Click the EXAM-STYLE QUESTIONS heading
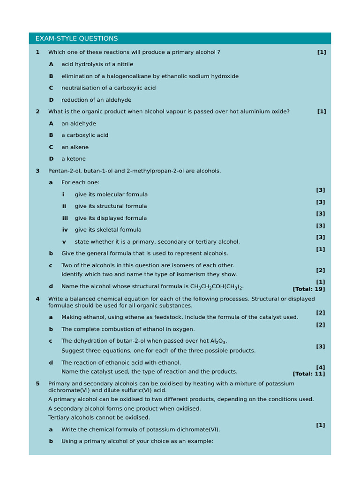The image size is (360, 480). (76, 38)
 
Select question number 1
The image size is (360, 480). (37, 52)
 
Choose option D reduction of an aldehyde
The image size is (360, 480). (96, 100)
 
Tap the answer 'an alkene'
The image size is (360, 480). (75, 147)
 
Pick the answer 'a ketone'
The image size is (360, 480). (74, 159)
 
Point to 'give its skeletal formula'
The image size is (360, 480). (108, 230)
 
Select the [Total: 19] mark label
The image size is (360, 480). (308, 289)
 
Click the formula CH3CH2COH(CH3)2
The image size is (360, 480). (217, 287)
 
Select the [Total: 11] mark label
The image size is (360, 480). (308, 374)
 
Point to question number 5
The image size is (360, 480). (37, 383)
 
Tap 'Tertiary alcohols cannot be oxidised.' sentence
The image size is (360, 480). (99, 418)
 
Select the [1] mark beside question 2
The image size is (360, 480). (321, 112)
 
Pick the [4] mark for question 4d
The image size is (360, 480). (321, 367)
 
